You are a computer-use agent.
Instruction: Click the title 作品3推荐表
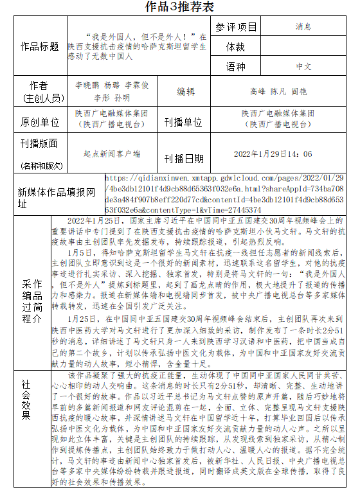(x=179, y=7)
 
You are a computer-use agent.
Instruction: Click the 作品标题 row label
(x=40, y=47)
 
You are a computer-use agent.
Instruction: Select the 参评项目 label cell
(x=236, y=27)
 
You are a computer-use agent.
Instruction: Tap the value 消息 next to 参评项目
(x=303, y=27)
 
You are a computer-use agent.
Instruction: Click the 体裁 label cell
(x=236, y=47)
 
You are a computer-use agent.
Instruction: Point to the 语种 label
(x=236, y=67)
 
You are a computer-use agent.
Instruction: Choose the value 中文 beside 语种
(x=303, y=67)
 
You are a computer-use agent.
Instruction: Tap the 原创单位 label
(x=40, y=121)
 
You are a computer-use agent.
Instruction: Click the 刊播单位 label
(x=186, y=121)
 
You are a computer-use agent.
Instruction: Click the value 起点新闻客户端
(x=112, y=154)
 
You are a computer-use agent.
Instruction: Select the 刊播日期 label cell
(x=186, y=157)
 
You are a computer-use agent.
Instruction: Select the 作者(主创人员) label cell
(x=40, y=92)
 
